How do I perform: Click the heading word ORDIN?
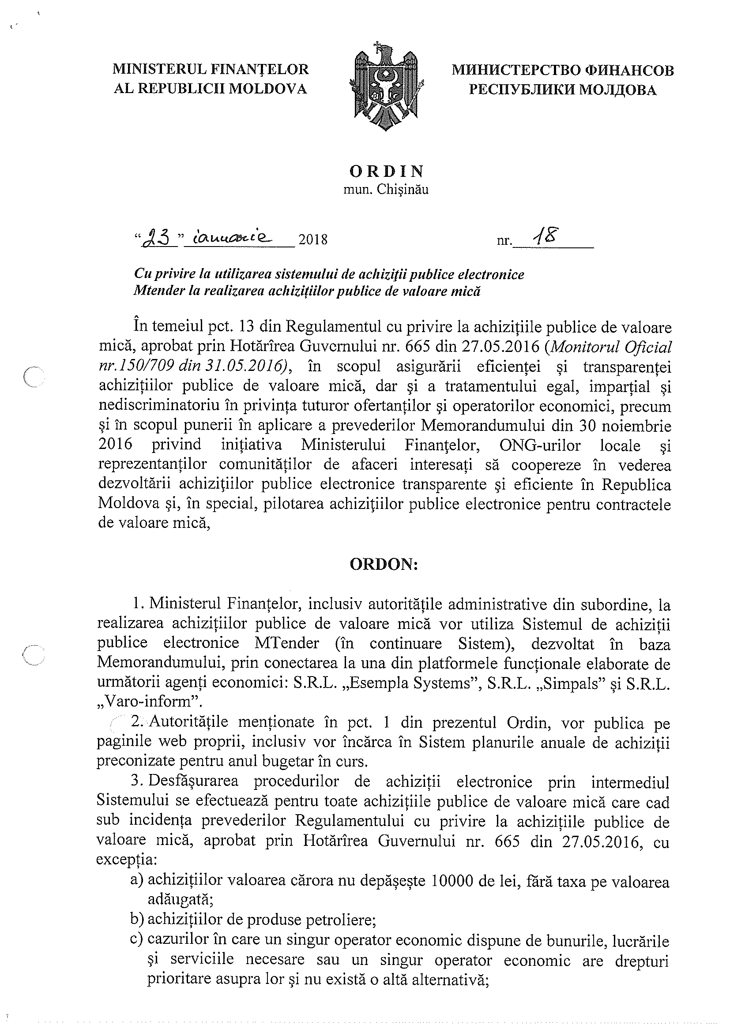point(386,171)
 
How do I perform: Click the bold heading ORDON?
point(384,565)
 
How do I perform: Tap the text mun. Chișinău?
point(386,190)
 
